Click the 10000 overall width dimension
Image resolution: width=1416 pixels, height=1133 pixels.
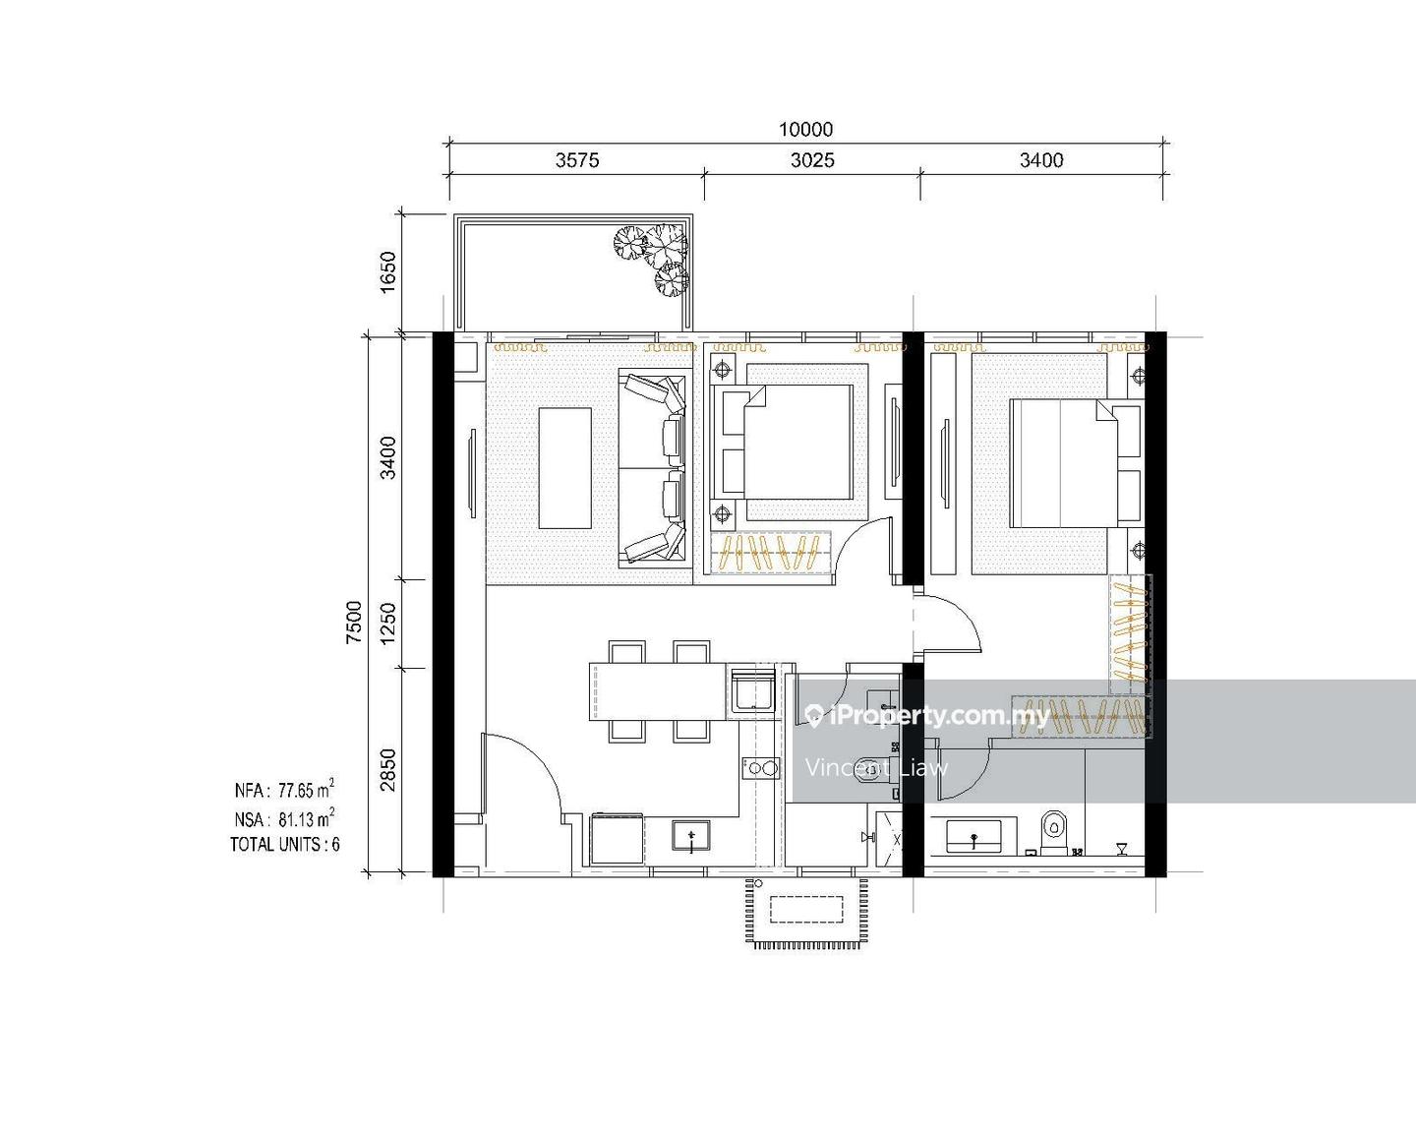(x=805, y=130)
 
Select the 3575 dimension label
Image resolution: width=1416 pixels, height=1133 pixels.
(x=577, y=160)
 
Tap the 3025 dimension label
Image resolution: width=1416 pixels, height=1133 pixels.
(x=812, y=160)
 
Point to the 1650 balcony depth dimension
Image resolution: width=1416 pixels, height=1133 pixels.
(x=388, y=272)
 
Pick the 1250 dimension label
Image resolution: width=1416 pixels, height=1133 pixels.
(x=388, y=624)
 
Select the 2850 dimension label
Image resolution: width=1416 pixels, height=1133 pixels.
(x=388, y=770)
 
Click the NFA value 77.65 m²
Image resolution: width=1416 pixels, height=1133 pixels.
(x=306, y=789)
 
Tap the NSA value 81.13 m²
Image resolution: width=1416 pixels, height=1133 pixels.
(x=306, y=818)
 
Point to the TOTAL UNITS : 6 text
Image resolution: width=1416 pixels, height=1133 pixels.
(x=285, y=845)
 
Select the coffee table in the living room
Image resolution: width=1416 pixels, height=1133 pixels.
(x=564, y=468)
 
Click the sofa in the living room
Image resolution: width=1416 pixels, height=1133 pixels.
(x=655, y=469)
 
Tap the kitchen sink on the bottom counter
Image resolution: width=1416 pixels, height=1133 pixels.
(x=691, y=836)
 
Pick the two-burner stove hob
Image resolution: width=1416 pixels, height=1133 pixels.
(x=761, y=767)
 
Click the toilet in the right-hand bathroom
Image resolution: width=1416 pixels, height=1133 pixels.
(x=1053, y=831)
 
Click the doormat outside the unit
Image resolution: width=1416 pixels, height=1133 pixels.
(x=806, y=913)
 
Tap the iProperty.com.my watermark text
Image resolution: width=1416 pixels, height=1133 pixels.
(x=940, y=716)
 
